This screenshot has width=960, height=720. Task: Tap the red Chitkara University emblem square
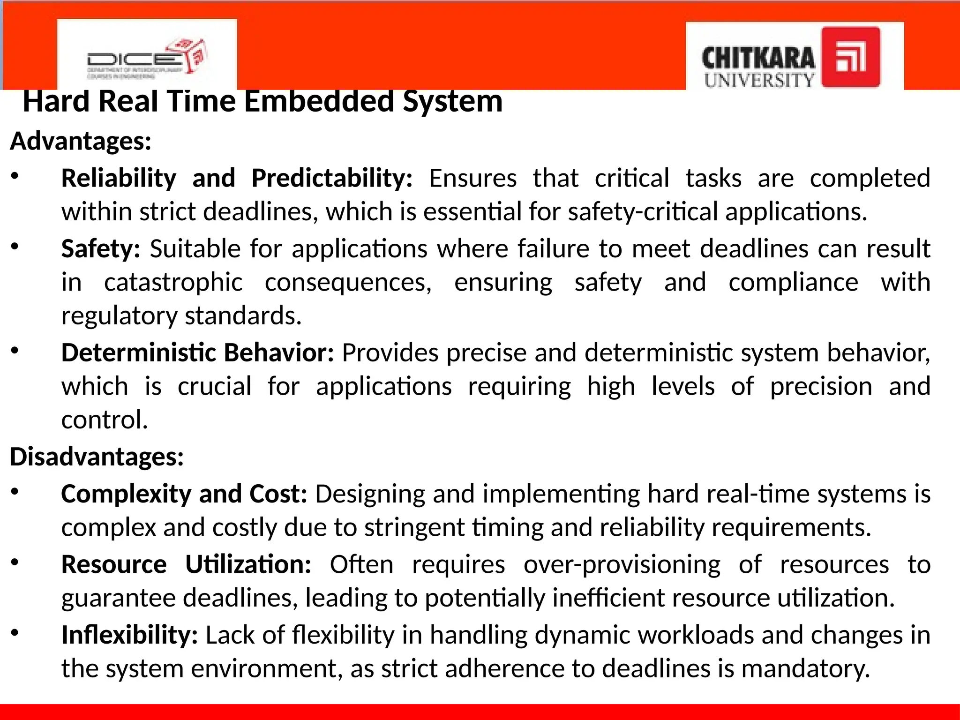point(851,57)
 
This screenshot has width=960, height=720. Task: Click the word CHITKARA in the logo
point(758,59)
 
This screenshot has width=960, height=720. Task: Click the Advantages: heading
point(81,141)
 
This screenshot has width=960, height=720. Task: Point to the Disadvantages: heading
point(97,457)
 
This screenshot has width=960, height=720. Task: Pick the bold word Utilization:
point(248,564)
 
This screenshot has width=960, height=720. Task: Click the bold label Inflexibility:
point(130,635)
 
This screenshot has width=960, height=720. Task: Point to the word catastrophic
point(173,283)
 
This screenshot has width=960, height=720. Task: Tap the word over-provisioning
point(622,565)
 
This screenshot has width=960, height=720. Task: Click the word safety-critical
point(643,212)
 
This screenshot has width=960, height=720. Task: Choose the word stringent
point(414,528)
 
